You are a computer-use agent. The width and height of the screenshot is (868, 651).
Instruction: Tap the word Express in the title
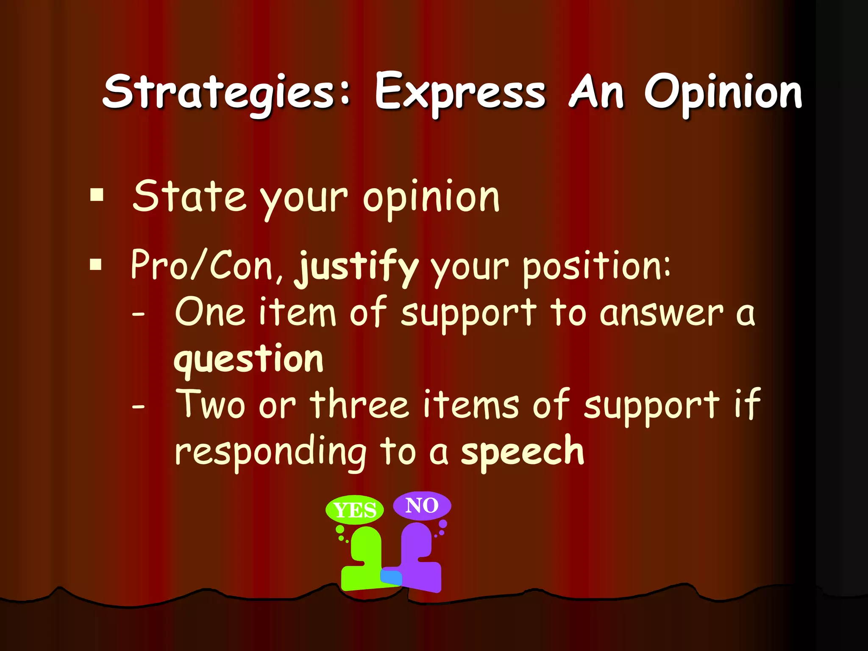(x=460, y=92)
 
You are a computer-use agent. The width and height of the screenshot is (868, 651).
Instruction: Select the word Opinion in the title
(x=723, y=92)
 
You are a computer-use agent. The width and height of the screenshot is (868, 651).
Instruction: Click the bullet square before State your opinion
(x=97, y=195)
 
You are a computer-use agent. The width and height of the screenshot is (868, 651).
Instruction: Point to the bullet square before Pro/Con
(x=96, y=264)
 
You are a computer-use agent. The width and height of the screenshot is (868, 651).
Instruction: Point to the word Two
(x=211, y=404)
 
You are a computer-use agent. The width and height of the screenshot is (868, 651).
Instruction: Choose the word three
(x=360, y=404)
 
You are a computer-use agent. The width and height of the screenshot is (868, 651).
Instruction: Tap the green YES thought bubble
(x=355, y=509)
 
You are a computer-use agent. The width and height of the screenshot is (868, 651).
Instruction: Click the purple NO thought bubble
(x=422, y=505)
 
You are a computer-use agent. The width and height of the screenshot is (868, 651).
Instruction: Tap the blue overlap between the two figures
(x=391, y=577)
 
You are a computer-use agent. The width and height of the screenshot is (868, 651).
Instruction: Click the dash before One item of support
(x=138, y=314)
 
